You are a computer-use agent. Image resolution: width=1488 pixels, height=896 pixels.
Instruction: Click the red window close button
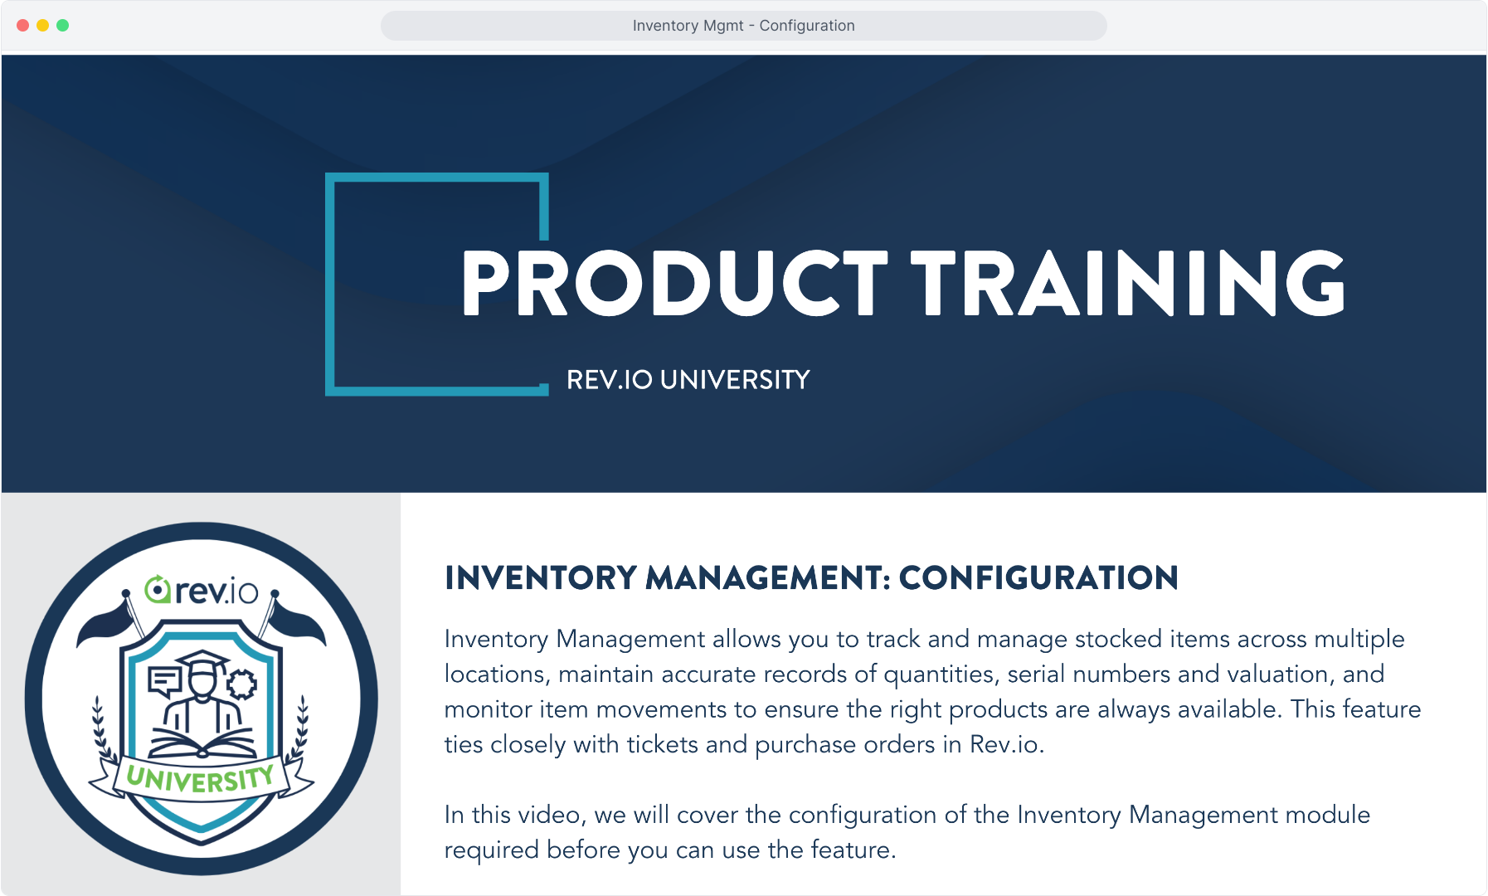tap(23, 26)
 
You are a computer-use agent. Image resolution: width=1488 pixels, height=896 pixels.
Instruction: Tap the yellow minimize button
tap(43, 26)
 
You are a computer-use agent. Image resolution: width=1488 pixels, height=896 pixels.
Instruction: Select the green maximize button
tap(63, 26)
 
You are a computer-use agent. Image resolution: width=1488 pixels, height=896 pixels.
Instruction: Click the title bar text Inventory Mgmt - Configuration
tap(743, 26)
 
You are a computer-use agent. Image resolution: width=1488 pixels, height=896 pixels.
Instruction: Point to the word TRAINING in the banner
tap(1128, 283)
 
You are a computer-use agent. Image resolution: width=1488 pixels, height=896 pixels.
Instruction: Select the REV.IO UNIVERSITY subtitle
tap(688, 380)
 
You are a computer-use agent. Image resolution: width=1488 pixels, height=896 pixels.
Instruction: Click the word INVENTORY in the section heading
tap(541, 578)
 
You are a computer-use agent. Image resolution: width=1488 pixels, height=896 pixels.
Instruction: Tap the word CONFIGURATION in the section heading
tap(1038, 578)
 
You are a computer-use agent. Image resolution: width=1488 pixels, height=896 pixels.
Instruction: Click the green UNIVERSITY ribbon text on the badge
tap(201, 779)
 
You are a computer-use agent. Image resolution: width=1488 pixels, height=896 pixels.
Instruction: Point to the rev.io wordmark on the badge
tap(202, 590)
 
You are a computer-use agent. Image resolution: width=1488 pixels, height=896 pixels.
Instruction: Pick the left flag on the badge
tap(106, 622)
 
